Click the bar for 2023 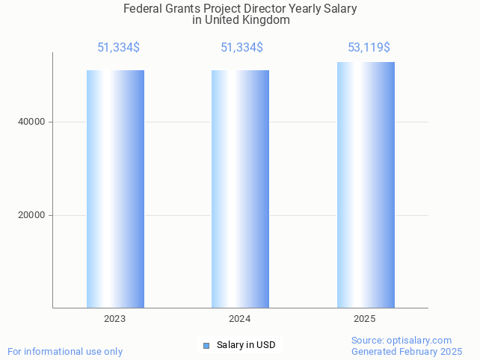115,188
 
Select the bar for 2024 240,188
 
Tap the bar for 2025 366,184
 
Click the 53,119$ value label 369,47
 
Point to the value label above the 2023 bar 118,47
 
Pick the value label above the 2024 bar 241,47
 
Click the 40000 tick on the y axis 31,122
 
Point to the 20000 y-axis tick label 31,215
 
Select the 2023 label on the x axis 114,319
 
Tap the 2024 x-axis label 239,319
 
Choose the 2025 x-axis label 365,319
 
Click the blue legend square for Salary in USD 206,345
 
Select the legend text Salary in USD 246,345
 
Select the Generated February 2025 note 407,351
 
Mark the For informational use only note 65,351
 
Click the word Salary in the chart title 339,9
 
